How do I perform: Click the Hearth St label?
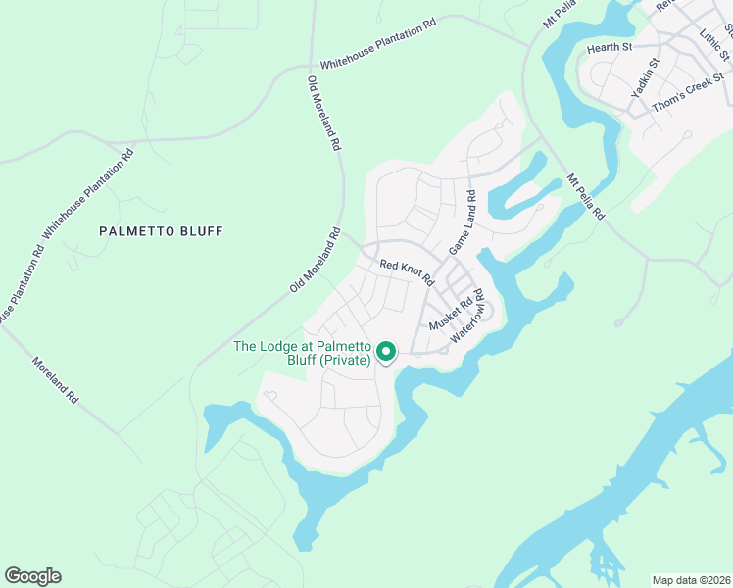click(x=610, y=47)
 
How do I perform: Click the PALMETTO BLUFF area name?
click(x=162, y=231)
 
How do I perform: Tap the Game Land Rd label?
click(x=462, y=223)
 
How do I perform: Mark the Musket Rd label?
click(x=451, y=315)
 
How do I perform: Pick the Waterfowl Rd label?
click(x=469, y=317)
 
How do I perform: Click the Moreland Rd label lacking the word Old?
click(x=55, y=380)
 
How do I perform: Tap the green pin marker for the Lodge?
click(x=386, y=351)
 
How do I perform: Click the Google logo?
click(x=32, y=576)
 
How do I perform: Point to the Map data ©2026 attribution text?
click(x=691, y=579)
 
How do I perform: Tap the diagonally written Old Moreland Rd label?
click(x=315, y=261)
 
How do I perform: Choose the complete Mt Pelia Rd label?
click(x=587, y=196)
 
